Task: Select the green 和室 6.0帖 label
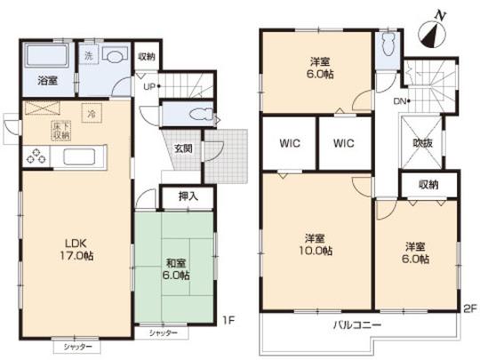(175, 268)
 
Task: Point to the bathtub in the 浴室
(47, 60)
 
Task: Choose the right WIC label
(344, 143)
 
